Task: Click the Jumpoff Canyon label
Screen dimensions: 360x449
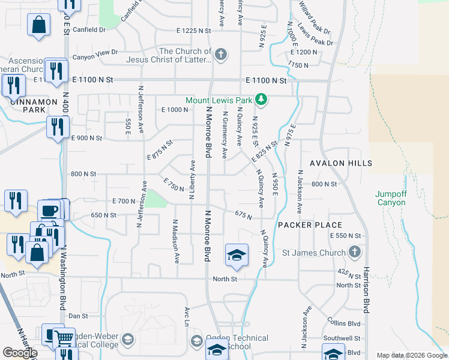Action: click(390, 197)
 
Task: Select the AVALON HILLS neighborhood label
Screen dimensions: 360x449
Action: click(341, 163)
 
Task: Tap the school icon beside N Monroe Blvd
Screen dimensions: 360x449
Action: click(237, 255)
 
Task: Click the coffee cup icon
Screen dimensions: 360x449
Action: click(49, 211)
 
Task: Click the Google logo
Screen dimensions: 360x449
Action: click(20, 353)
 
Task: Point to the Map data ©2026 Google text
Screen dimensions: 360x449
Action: click(411, 355)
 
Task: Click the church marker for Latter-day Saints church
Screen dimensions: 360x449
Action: click(221, 55)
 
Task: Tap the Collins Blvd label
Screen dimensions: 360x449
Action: click(343, 323)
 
